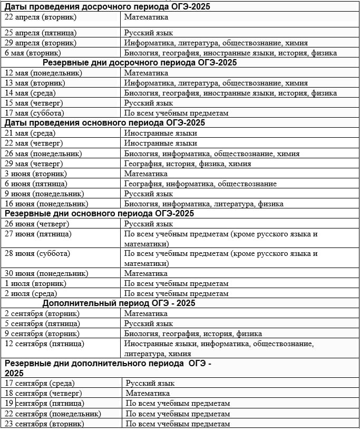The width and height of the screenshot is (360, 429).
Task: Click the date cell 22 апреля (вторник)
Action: (x=41, y=17)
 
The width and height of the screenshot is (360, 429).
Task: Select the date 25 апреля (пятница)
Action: (x=41, y=33)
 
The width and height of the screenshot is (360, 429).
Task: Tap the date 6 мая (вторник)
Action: (x=33, y=53)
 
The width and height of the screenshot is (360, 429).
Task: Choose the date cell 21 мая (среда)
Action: (x=30, y=134)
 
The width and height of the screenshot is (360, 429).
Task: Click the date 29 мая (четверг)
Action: (x=34, y=164)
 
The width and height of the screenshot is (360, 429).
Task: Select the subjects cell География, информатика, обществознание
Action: (x=200, y=184)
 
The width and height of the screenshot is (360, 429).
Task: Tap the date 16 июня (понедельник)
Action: (x=46, y=204)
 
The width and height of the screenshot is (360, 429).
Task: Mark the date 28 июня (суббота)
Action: (x=37, y=253)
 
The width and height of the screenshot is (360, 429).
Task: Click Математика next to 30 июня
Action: (x=146, y=273)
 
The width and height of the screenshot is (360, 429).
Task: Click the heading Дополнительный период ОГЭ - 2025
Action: (x=119, y=303)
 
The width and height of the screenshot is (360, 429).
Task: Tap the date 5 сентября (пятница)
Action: (x=42, y=323)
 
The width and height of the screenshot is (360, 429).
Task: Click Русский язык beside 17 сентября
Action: (x=150, y=383)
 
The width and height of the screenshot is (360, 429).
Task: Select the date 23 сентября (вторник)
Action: (x=44, y=424)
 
